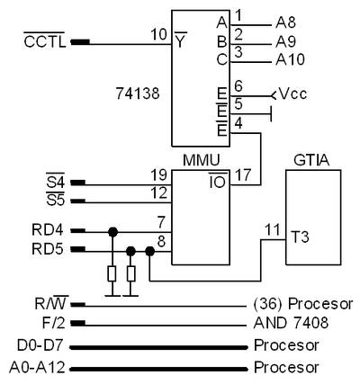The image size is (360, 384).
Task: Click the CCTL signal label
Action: coord(44,41)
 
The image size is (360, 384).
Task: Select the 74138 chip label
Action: coord(138,94)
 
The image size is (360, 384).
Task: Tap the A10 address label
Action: coord(290,59)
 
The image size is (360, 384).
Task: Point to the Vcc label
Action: coord(293,94)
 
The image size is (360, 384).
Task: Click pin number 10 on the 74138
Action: coord(158,34)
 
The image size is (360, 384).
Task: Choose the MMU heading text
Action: coord(202,160)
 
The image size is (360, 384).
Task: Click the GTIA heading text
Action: coord(311,160)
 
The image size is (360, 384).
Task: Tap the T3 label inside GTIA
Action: coord(300,237)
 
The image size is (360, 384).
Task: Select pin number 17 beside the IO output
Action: coord(243,174)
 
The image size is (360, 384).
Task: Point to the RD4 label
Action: coord(48,230)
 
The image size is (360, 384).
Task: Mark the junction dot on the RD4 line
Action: coord(112,232)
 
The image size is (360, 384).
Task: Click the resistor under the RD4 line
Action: coord(112,273)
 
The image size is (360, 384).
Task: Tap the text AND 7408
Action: coord(291,323)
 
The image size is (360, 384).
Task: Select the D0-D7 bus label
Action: coord(40,345)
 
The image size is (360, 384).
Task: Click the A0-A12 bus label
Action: coord(37,367)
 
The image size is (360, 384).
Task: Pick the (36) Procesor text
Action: coord(303,304)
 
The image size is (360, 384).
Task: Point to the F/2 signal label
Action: coord(53,323)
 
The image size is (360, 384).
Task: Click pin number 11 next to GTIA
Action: coord(273,230)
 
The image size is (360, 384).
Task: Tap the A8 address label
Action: coord(285,22)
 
